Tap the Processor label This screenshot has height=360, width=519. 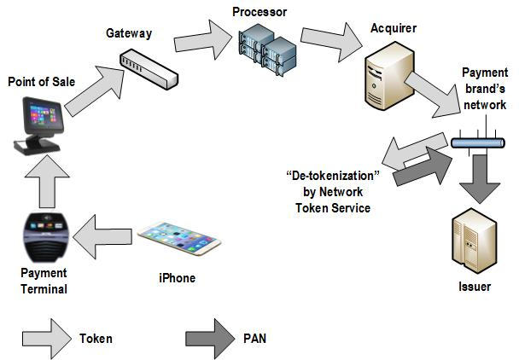258,12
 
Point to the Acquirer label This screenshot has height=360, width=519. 394,27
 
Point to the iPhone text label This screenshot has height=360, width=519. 177,278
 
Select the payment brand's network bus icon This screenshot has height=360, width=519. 470,143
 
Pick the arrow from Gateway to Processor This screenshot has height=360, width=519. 200,44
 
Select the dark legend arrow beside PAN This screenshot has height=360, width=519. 209,337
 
